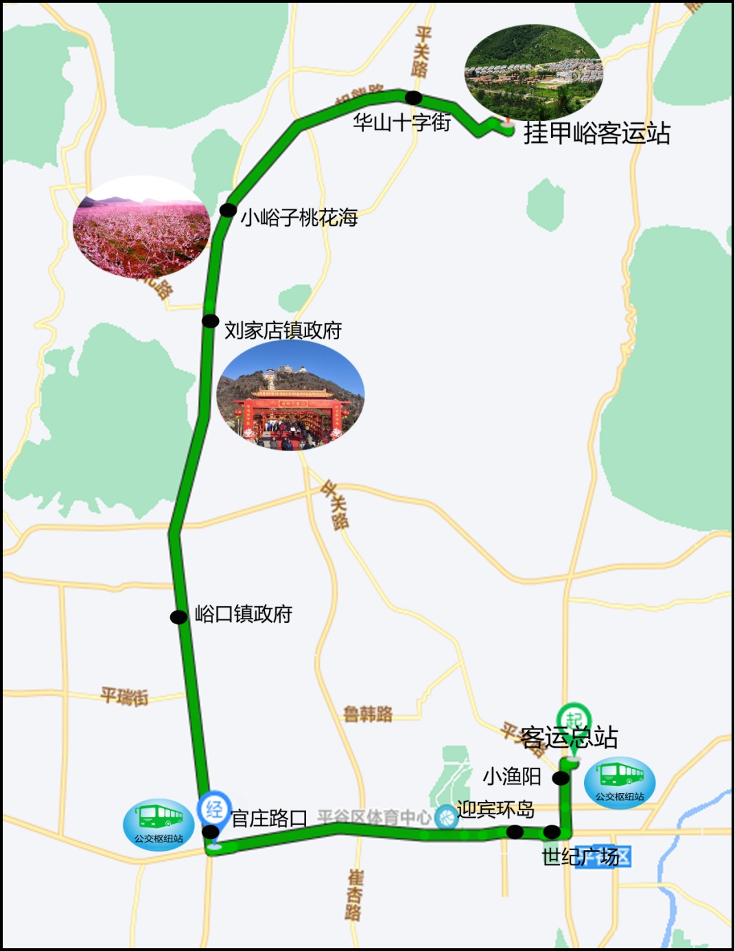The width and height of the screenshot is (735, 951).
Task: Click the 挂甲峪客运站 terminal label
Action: (596, 133)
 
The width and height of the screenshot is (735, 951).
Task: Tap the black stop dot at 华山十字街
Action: (413, 98)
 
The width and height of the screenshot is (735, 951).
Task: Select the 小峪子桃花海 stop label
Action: (299, 218)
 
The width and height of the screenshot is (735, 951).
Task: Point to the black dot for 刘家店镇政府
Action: (211, 321)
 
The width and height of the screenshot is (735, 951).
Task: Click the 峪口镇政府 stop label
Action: (244, 613)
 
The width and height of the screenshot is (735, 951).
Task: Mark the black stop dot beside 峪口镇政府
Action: (178, 617)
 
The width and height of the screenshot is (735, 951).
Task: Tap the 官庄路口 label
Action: (269, 818)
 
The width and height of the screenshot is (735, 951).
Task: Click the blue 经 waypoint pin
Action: (214, 809)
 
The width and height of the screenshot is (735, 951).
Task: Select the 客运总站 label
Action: (569, 737)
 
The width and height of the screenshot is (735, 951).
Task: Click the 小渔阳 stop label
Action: (512, 777)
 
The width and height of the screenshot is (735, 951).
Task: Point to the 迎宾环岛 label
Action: (495, 810)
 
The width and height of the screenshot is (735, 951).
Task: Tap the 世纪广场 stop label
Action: (580, 856)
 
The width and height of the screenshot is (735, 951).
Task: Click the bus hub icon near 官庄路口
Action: (159, 824)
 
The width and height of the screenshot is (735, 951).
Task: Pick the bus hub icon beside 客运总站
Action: (620, 782)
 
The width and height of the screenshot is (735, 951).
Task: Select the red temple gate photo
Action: (290, 396)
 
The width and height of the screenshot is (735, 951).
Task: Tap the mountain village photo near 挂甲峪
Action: (533, 72)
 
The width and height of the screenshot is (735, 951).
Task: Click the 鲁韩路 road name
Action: (368, 715)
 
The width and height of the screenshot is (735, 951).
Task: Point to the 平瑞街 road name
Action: (124, 696)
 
